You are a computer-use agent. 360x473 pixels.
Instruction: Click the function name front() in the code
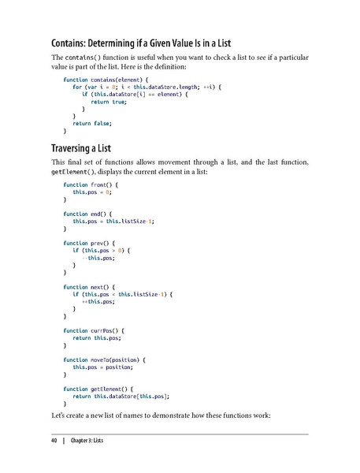tap(105, 184)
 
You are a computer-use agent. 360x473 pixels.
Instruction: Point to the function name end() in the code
tap(102, 213)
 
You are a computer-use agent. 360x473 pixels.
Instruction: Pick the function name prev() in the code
tap(103, 243)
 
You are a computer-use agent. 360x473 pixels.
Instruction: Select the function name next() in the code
tap(103, 287)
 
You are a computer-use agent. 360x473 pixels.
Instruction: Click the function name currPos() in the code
tap(108, 331)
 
